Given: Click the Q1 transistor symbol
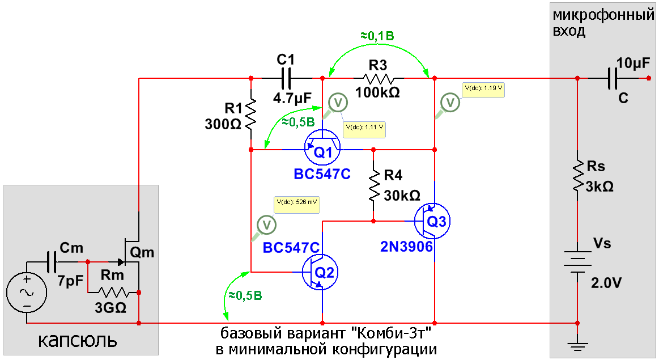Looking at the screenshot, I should coord(322,148).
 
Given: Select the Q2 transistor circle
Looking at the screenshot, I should coord(321,272).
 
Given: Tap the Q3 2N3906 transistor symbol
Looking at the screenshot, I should coord(433,221).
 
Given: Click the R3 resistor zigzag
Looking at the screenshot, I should coord(378,78).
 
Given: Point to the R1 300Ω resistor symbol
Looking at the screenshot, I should coord(250,113).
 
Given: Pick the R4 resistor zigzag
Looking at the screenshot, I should coord(374,185).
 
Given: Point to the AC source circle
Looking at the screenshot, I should coord(27,293).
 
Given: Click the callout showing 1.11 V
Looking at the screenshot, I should coord(364,128).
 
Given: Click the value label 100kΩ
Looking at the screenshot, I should coord(377,92).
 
